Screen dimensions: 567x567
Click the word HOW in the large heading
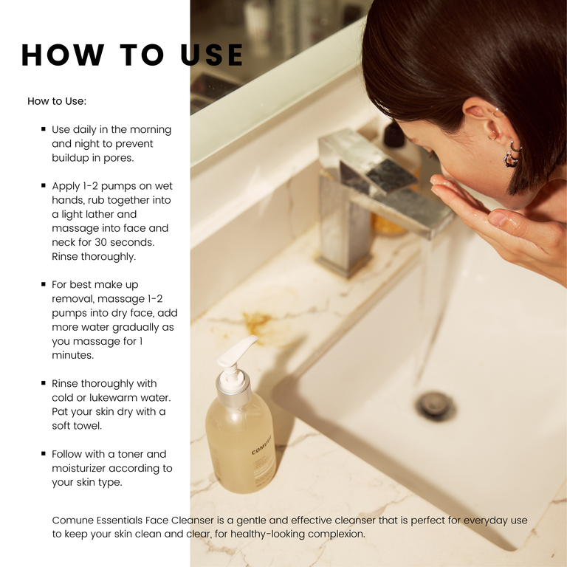click(63, 55)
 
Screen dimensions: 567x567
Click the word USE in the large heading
click(212, 55)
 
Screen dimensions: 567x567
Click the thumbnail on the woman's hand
click(498, 218)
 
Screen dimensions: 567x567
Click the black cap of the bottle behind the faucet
click(394, 134)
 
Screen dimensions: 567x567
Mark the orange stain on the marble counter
click(258, 322)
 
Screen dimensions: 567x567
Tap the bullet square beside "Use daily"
click(44, 128)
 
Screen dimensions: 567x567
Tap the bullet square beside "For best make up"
click(44, 284)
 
